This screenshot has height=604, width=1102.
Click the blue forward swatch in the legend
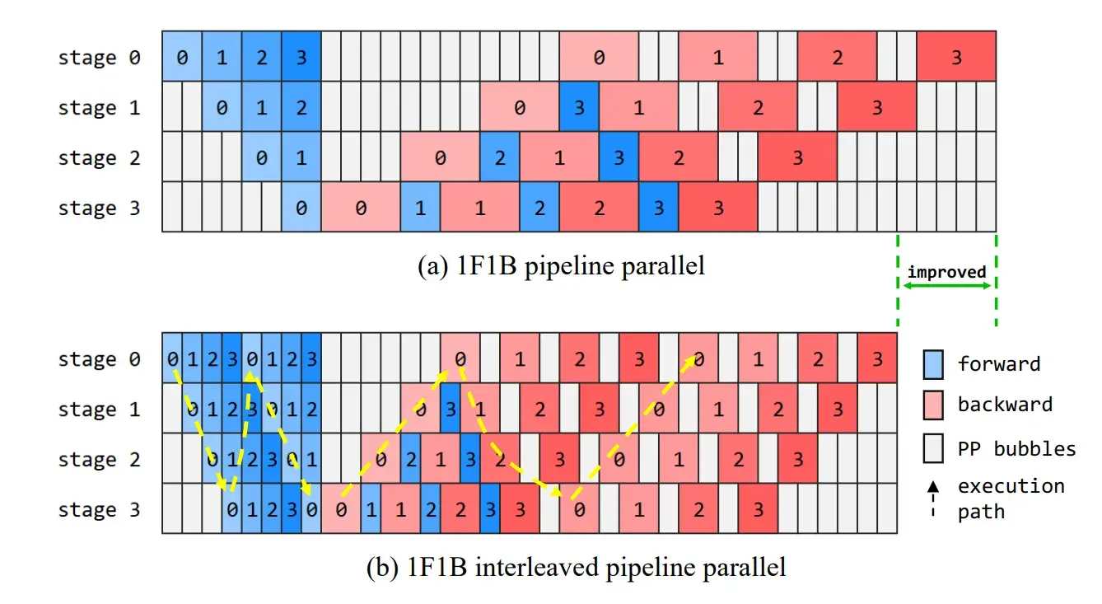click(933, 363)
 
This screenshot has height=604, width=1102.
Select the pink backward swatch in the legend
click(933, 405)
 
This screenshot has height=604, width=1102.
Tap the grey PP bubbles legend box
click(933, 449)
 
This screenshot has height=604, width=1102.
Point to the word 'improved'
click(946, 272)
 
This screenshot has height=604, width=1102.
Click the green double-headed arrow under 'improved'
click(946, 286)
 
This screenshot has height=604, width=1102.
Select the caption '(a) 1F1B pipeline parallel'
click(562, 266)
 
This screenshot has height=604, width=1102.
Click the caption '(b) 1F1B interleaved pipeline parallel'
click(575, 567)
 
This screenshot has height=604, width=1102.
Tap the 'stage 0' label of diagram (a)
click(99, 58)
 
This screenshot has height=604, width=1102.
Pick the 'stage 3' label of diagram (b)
click(99, 510)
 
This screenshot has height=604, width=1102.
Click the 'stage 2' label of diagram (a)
click(99, 158)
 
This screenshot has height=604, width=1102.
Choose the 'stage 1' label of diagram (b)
click(99, 410)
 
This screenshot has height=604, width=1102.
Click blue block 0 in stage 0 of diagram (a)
click(181, 58)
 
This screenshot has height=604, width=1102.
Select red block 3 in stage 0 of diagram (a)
click(956, 58)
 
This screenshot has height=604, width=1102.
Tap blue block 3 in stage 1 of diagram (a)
click(579, 108)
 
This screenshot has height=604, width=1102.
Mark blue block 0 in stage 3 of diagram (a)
click(301, 208)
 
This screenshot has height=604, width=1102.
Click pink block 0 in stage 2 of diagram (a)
click(440, 158)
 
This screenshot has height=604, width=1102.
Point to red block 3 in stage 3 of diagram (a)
click(717, 208)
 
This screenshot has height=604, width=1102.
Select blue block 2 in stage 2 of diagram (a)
click(500, 158)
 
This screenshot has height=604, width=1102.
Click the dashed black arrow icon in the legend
click(933, 499)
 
